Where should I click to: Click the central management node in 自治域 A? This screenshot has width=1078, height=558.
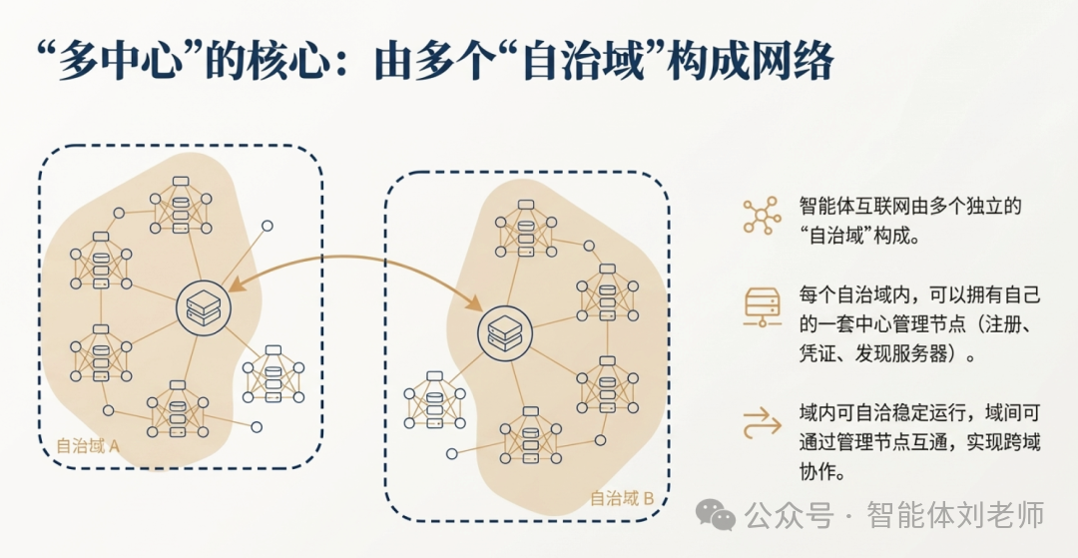[203, 308]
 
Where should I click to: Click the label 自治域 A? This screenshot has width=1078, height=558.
[88, 446]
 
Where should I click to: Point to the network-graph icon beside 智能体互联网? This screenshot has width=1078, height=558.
[763, 216]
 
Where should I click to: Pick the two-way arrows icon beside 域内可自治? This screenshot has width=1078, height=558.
[763, 423]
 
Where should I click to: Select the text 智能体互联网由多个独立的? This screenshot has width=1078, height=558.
[911, 206]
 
